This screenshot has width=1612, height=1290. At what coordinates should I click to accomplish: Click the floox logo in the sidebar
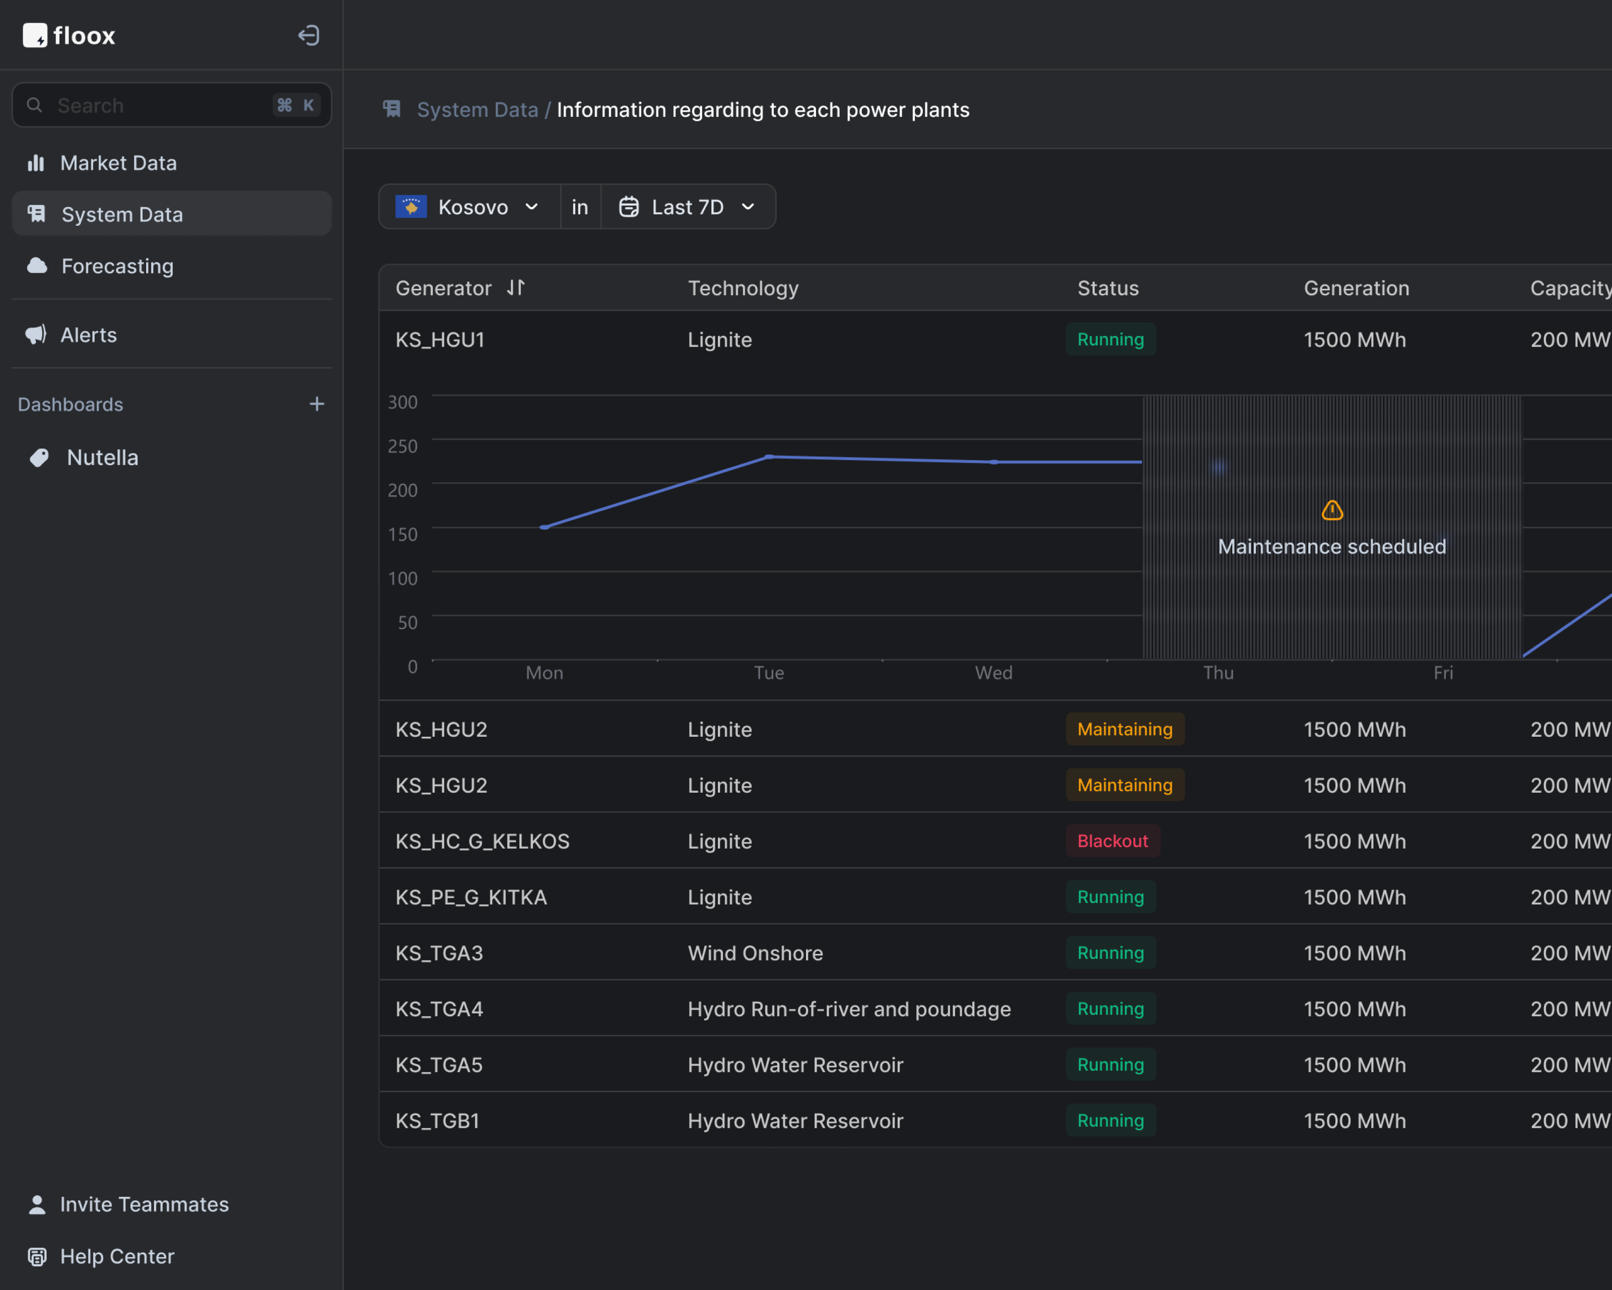pyautogui.click(x=69, y=35)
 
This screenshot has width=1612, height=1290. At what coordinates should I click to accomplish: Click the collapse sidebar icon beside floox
pyautogui.click(x=308, y=35)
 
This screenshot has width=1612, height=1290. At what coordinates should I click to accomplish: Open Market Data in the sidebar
pyautogui.click(x=118, y=163)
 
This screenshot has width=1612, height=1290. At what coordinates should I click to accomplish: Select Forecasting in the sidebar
pyautogui.click(x=117, y=266)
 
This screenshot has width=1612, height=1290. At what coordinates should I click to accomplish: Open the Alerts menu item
pyautogui.click(x=88, y=335)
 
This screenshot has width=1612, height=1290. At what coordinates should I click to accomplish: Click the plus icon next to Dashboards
pyautogui.click(x=317, y=404)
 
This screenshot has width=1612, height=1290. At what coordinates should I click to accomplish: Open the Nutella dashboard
pyautogui.click(x=102, y=458)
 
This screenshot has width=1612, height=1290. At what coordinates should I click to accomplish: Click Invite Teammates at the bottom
pyautogui.click(x=144, y=1204)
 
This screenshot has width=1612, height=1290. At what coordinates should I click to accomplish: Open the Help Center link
pyautogui.click(x=117, y=1256)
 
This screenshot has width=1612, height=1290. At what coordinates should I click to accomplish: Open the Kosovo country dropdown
pyautogui.click(x=469, y=207)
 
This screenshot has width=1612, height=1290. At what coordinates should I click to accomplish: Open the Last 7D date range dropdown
pyautogui.click(x=687, y=207)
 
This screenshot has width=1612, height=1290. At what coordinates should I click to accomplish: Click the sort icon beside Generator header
pyautogui.click(x=516, y=287)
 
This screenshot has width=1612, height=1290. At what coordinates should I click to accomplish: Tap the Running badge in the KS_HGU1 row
pyautogui.click(x=1110, y=340)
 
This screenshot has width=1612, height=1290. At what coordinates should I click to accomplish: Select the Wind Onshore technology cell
pyautogui.click(x=755, y=953)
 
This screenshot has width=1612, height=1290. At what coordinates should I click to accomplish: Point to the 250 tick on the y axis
pyautogui.click(x=402, y=445)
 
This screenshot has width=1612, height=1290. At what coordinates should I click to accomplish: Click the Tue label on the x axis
pyautogui.click(x=769, y=672)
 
